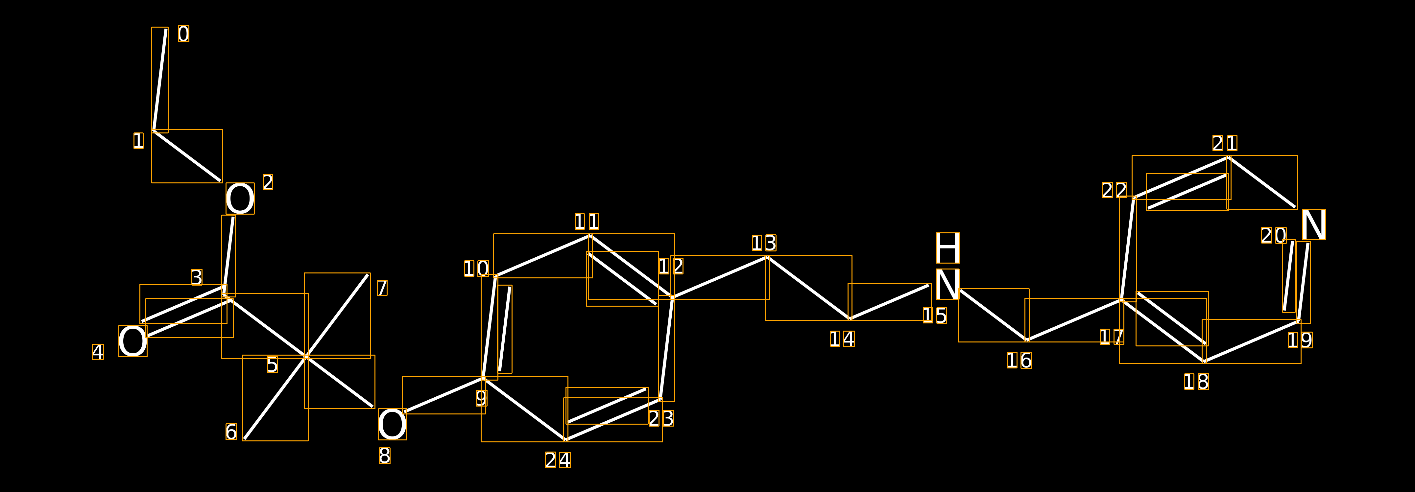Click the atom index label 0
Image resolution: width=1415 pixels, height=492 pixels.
tap(183, 34)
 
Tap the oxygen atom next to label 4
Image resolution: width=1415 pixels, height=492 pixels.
tap(133, 341)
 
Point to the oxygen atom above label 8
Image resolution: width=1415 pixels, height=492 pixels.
tap(392, 424)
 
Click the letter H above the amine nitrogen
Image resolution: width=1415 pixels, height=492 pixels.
tap(947, 248)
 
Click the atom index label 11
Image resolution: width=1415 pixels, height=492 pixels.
tap(587, 222)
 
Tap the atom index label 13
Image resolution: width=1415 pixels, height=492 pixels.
tap(764, 243)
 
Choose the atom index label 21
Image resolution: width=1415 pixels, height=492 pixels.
tap(1225, 143)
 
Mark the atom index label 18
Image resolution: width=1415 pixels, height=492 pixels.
tap(1196, 382)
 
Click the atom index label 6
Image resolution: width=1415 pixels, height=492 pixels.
tap(231, 432)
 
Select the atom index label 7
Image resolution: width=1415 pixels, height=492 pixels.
tap(382, 288)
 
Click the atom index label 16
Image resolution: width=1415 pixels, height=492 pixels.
tap(1019, 361)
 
